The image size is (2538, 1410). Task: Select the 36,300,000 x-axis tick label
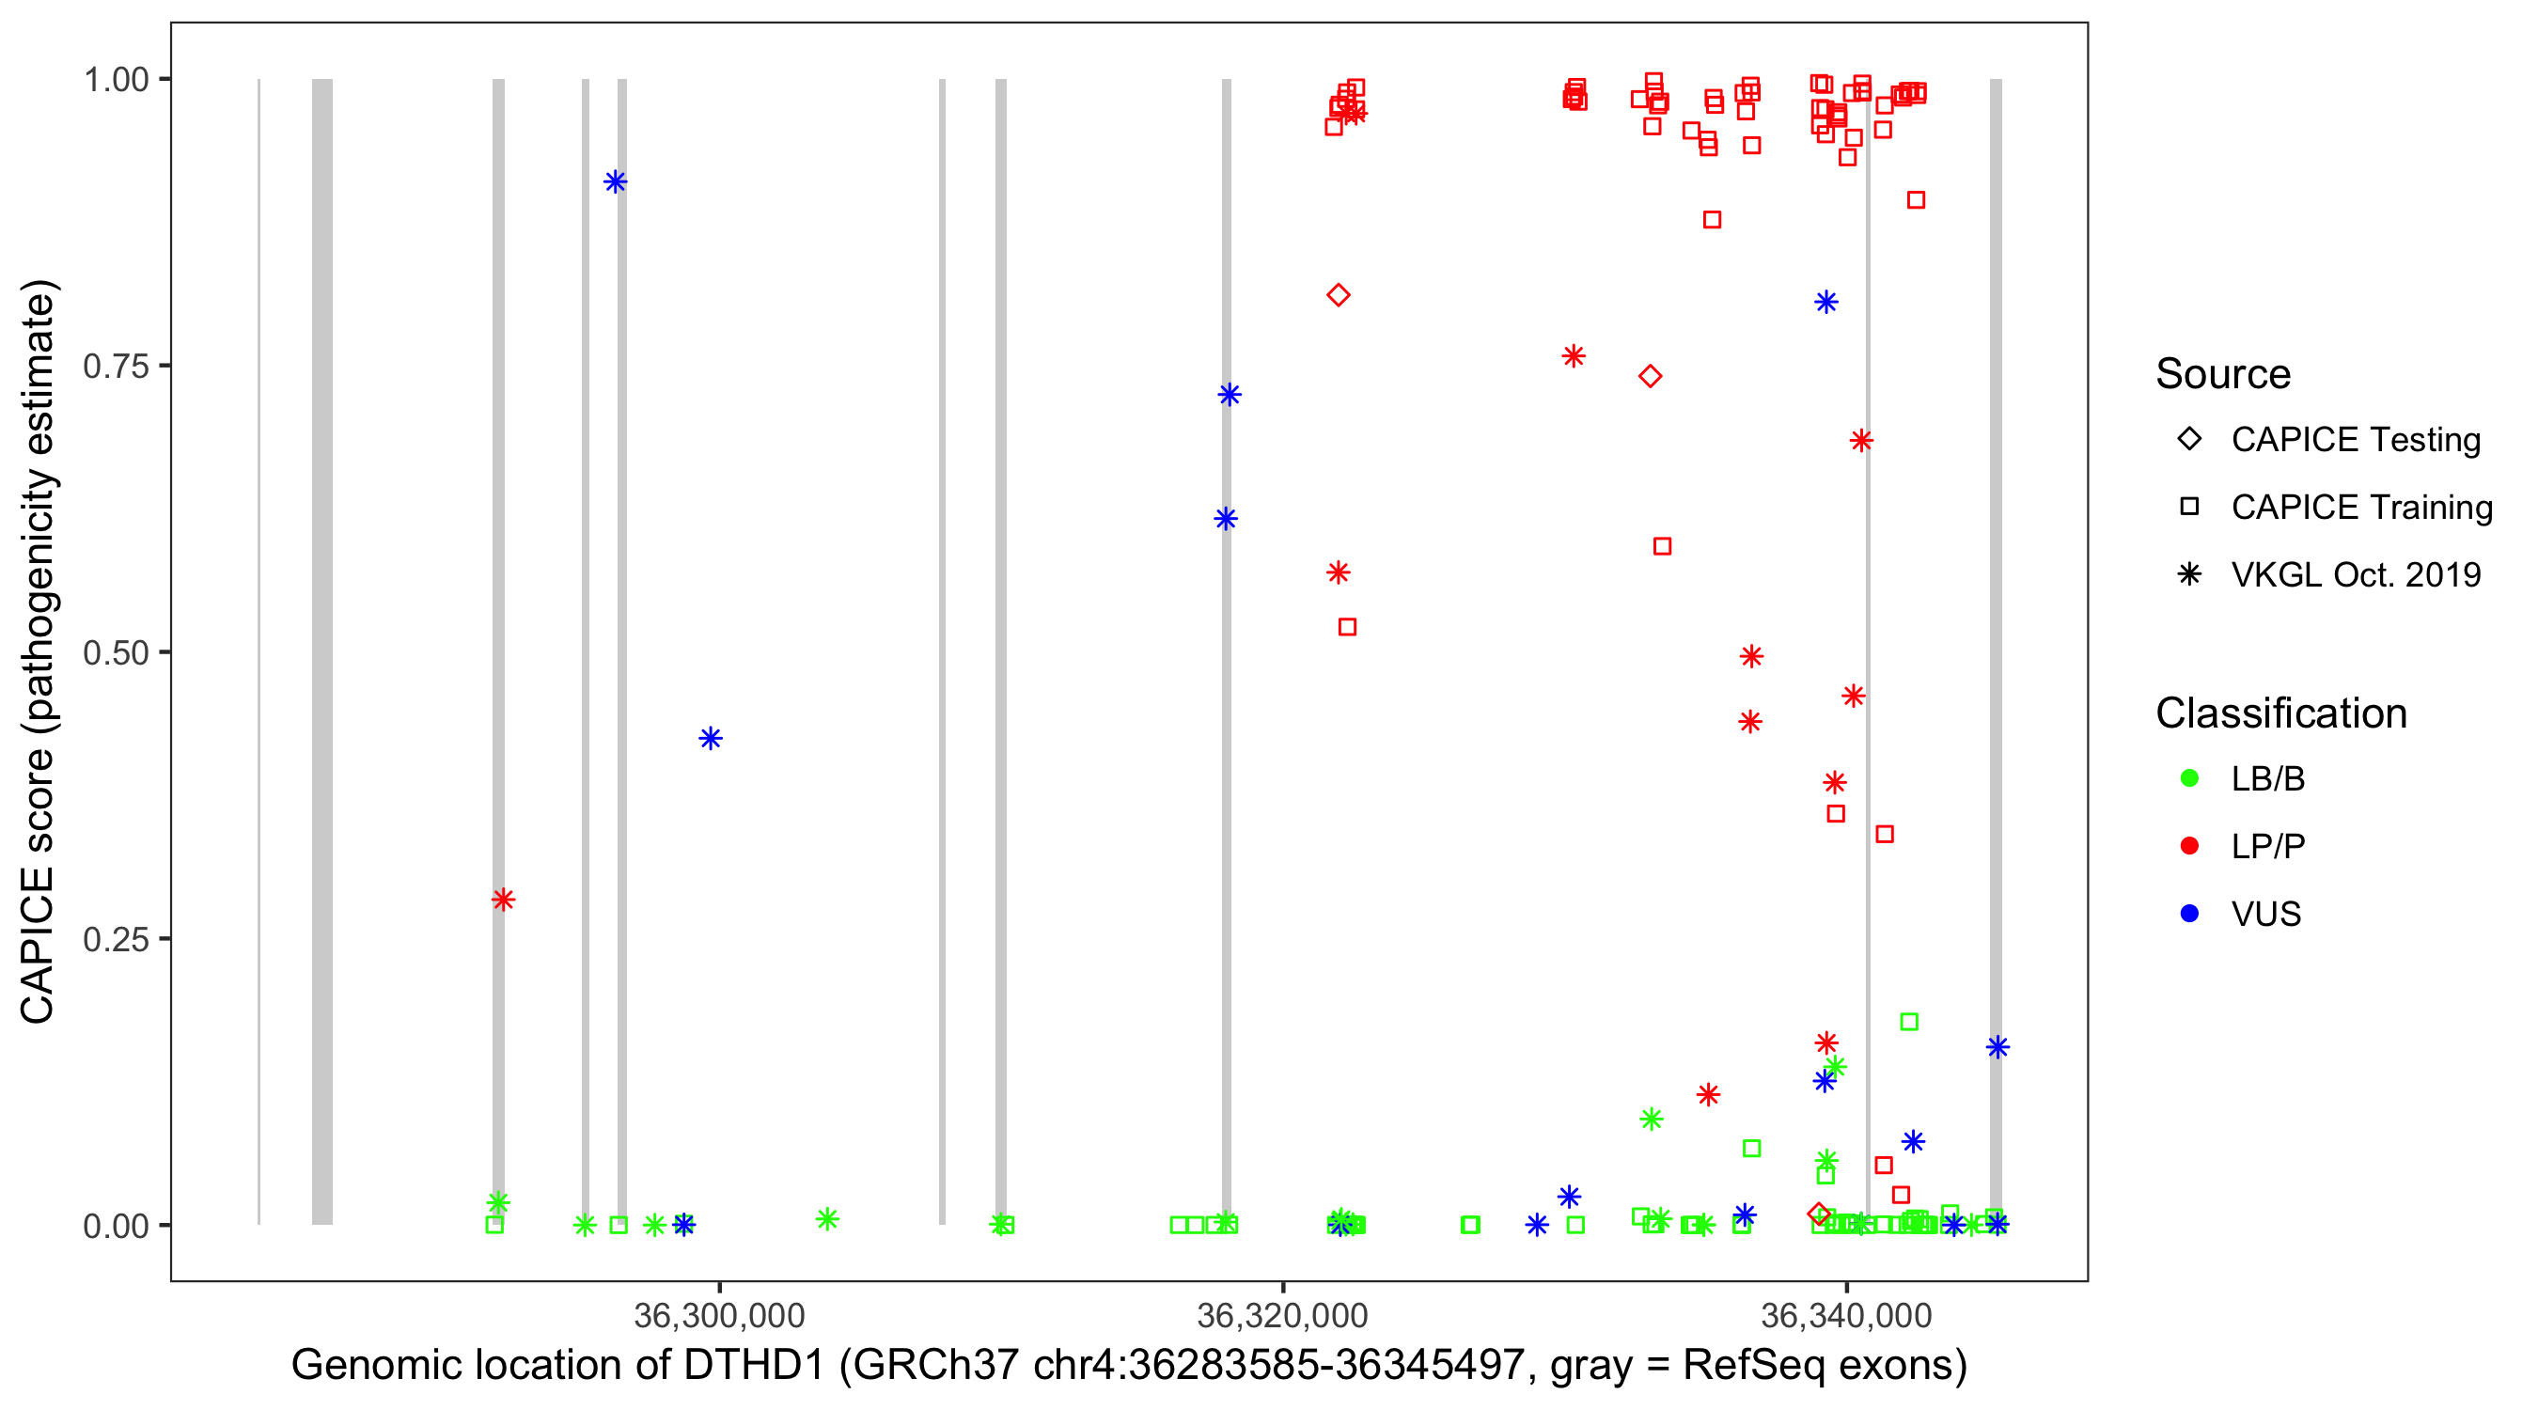[x=719, y=1314]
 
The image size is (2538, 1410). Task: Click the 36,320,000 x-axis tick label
[x=1282, y=1314]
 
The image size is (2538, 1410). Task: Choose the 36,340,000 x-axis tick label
[x=1845, y=1314]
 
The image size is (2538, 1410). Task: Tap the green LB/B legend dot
[x=2190, y=778]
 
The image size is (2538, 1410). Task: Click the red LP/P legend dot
[x=2190, y=846]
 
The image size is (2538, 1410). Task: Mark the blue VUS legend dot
[x=2190, y=914]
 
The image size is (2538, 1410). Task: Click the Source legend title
[x=2223, y=374]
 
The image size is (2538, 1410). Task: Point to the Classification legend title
[x=2280, y=713]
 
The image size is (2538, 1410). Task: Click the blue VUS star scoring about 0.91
[x=616, y=182]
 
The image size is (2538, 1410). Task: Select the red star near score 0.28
[x=504, y=900]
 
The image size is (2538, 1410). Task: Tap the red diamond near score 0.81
[x=1338, y=295]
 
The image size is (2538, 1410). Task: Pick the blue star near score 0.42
[x=711, y=739]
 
